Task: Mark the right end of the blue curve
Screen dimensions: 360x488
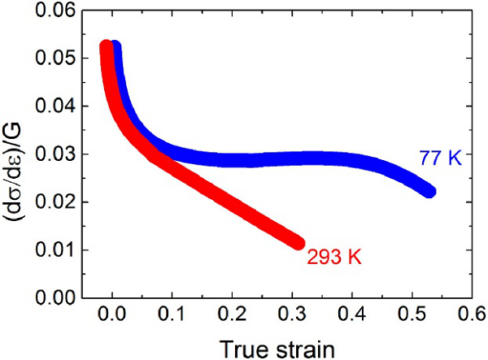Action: click(430, 192)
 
